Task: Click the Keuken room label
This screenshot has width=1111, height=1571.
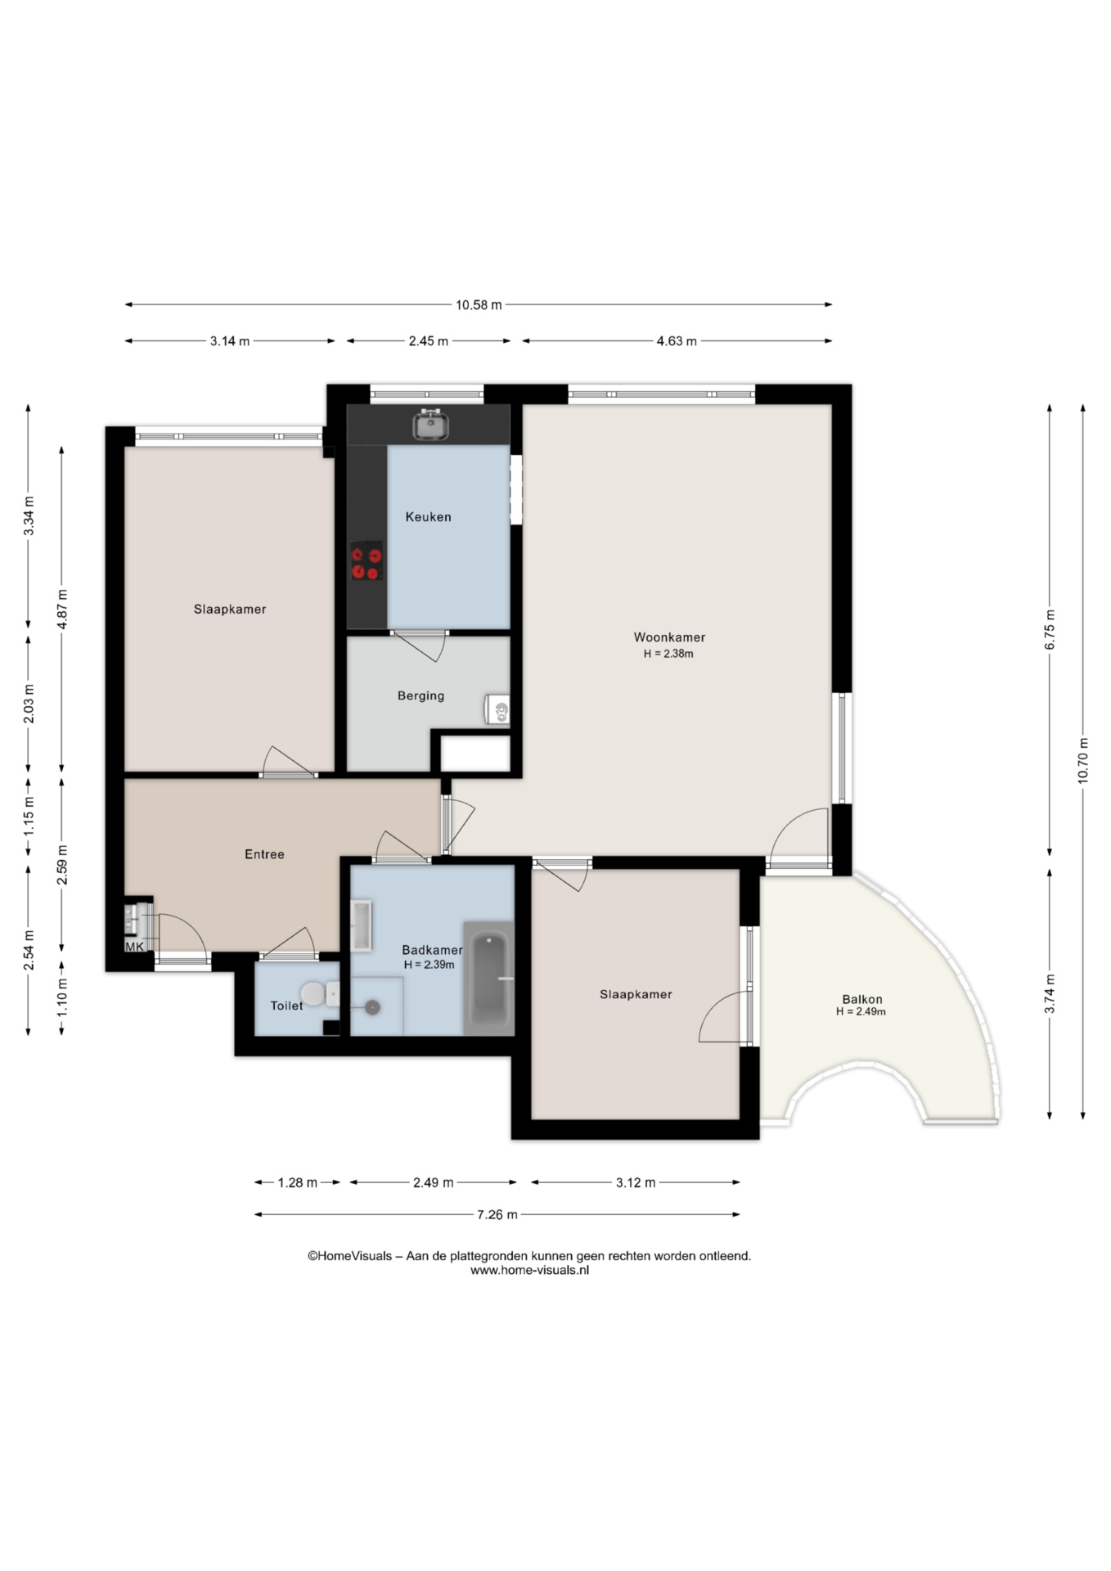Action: (428, 517)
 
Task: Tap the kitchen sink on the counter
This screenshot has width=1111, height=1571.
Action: (431, 425)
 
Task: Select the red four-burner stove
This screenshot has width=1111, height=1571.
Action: (367, 561)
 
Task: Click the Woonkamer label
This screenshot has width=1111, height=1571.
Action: (669, 637)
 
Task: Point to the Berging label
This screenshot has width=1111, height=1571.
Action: (421, 696)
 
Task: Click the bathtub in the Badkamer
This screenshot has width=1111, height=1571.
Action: (488, 979)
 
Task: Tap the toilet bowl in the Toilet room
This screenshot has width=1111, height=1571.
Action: (313, 995)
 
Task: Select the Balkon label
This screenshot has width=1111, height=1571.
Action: (862, 999)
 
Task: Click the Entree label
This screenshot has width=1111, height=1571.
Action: (264, 854)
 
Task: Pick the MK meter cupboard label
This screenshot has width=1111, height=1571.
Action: (134, 947)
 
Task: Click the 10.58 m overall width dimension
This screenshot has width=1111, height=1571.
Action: (479, 305)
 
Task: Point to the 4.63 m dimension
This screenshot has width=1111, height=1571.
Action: (677, 341)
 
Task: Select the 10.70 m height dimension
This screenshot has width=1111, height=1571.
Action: (1083, 761)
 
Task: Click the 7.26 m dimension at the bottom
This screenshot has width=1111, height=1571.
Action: (497, 1215)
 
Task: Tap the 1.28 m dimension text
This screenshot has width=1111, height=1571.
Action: (298, 1182)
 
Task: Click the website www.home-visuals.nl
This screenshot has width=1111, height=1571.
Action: (529, 1271)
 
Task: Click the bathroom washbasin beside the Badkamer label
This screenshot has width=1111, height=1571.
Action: (361, 925)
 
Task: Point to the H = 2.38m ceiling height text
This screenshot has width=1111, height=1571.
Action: (668, 654)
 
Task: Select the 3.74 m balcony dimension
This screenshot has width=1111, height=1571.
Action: (1050, 994)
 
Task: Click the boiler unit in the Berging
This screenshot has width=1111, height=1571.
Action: (497, 709)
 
